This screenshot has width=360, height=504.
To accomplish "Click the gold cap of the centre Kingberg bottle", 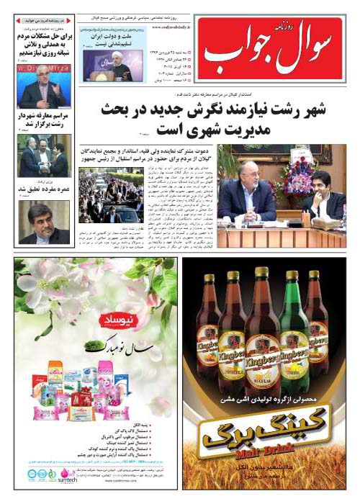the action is tap(261, 272).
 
